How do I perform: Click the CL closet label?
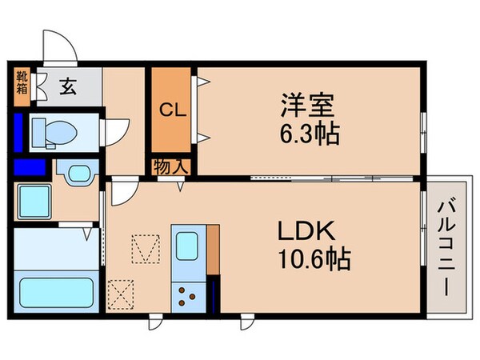[172, 110]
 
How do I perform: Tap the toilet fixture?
[54, 130]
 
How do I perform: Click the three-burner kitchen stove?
[190, 295]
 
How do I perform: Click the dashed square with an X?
[122, 293]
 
